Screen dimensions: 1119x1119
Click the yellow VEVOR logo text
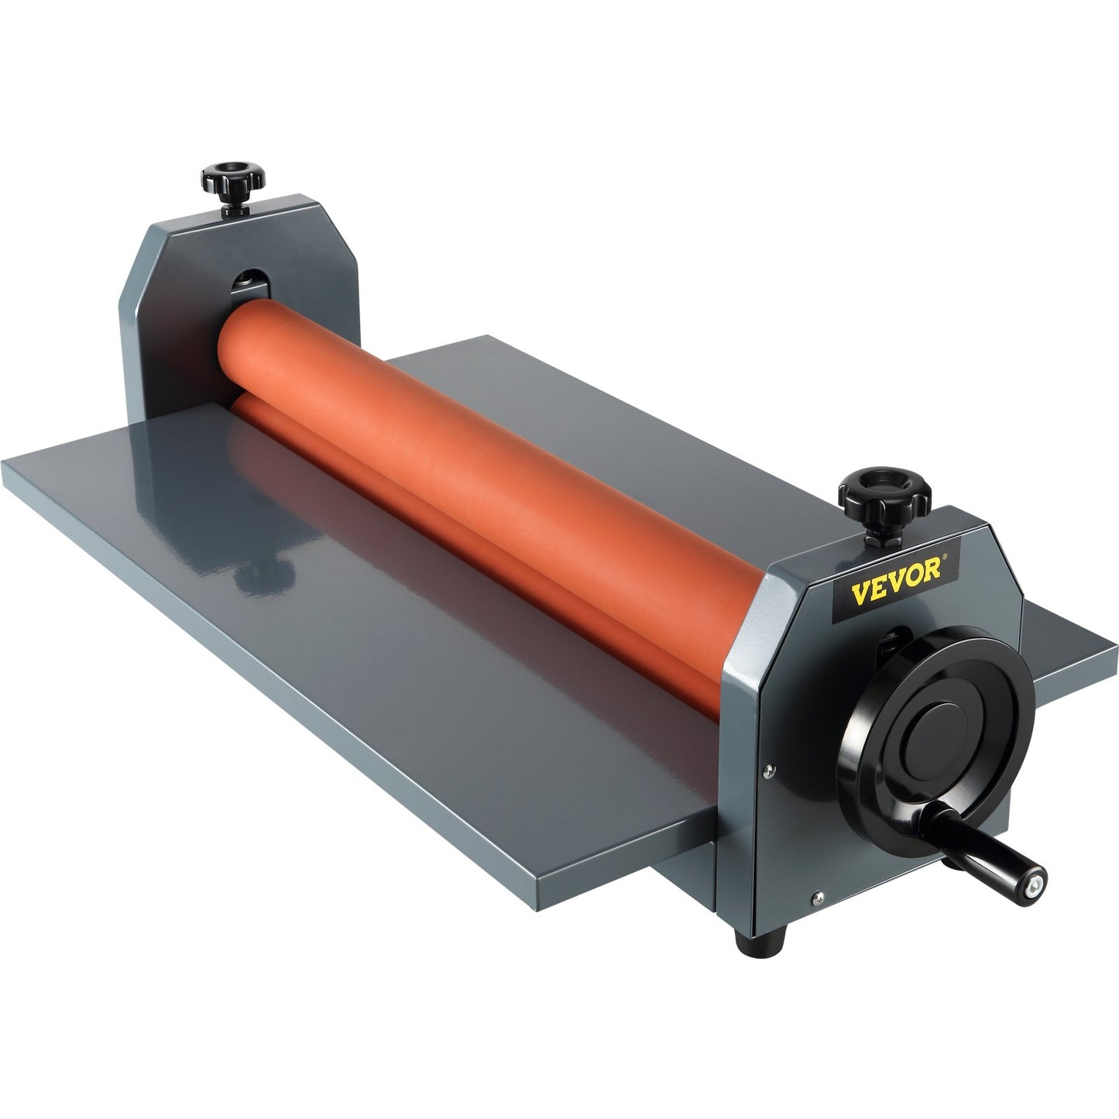[895, 572]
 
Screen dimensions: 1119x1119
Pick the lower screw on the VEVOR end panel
[816, 897]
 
